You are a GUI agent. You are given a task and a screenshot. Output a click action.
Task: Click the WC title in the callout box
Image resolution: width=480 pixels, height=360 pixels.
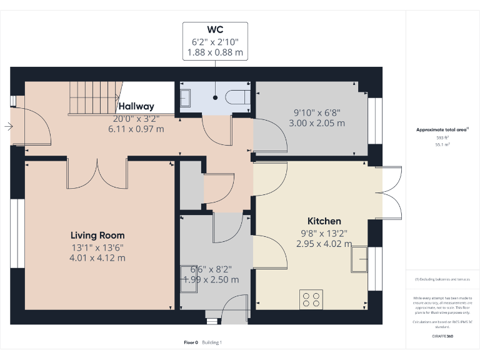click(215, 29)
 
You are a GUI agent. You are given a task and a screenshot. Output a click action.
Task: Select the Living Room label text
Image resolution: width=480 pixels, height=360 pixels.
click(97, 236)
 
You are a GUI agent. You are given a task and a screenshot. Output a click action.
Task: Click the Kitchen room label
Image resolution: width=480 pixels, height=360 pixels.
click(324, 221)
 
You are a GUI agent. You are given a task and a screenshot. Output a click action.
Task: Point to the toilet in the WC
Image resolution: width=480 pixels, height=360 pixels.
click(236, 97)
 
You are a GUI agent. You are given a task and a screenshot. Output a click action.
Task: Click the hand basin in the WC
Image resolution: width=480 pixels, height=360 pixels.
click(186, 98)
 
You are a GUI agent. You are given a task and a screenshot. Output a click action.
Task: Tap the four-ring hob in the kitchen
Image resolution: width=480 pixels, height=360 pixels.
click(311, 299)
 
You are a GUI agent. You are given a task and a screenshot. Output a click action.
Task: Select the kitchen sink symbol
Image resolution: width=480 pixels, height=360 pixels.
click(359, 259)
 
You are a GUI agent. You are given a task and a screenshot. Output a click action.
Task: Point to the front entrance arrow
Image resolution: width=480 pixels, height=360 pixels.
click(7, 127)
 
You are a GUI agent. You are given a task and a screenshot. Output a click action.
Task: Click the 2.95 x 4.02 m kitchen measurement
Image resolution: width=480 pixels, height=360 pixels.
click(324, 244)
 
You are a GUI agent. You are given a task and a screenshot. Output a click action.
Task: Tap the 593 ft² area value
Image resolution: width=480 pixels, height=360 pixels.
click(442, 137)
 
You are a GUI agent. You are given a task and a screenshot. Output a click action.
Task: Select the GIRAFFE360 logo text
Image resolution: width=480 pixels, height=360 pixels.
click(442, 336)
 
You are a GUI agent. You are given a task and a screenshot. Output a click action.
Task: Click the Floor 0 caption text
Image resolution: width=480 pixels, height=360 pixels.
click(191, 342)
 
